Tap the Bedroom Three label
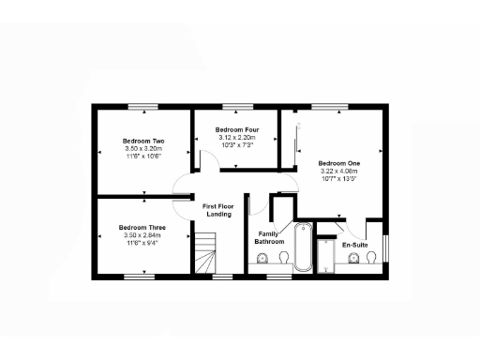pyautogui.click(x=142, y=228)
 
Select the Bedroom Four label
pyautogui.click(x=236, y=129)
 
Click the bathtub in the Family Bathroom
pyautogui.click(x=303, y=247)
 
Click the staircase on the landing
pyautogui.click(x=205, y=254)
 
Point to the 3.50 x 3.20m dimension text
pyautogui.click(x=143, y=148)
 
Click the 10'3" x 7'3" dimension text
pyautogui.click(x=236, y=144)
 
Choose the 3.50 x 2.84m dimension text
pyautogui.click(x=142, y=235)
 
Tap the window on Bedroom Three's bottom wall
pyautogui.click(x=140, y=277)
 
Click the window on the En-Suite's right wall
pyautogui.click(x=384, y=247)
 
